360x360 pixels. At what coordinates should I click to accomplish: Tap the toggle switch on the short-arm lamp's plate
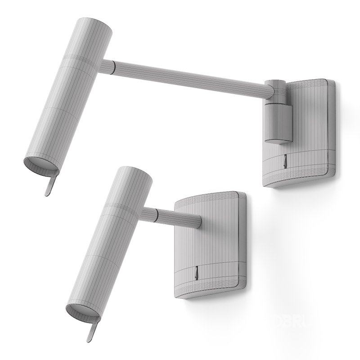[196, 273]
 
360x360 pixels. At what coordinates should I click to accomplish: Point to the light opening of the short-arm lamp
[81, 312]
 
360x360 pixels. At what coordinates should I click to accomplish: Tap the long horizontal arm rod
[189, 77]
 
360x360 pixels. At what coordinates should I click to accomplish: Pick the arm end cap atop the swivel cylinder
[274, 85]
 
